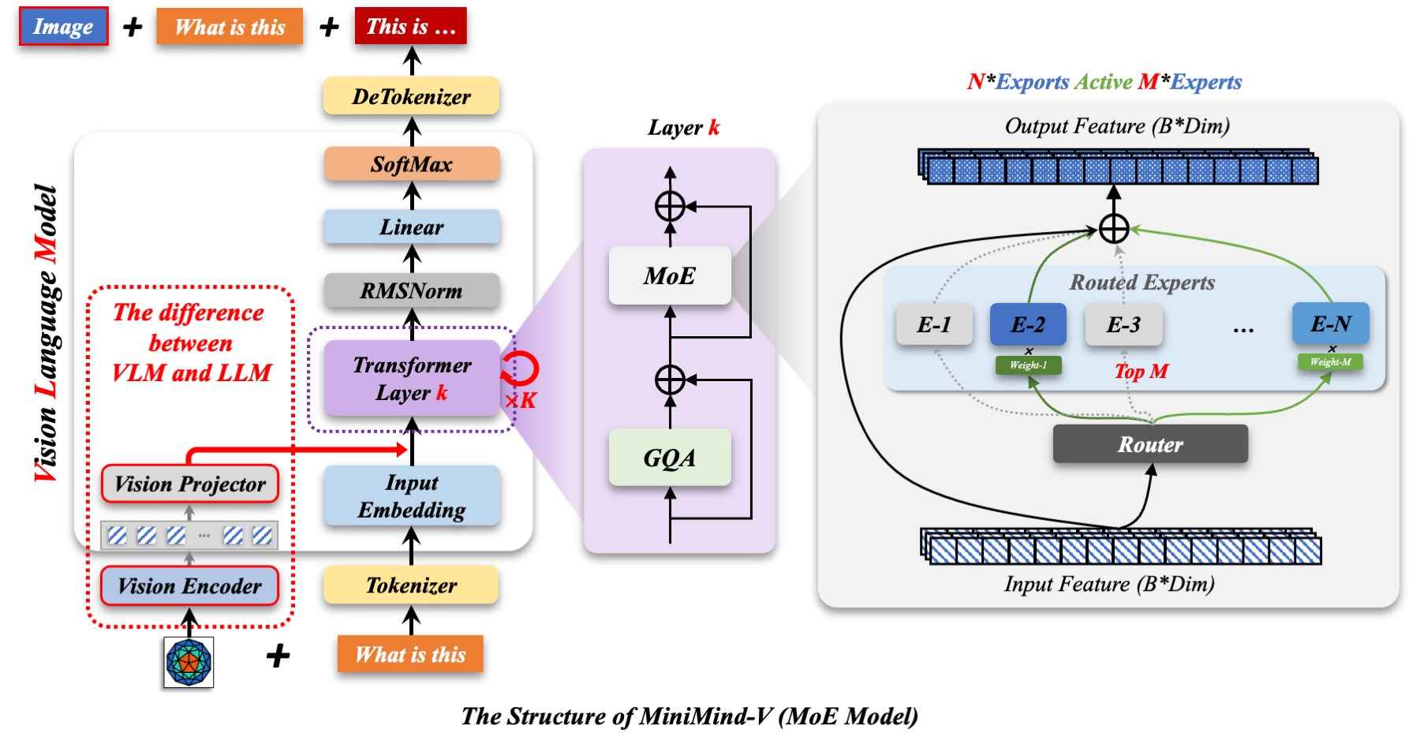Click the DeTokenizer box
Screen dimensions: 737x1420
click(411, 96)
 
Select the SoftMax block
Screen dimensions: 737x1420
click(411, 164)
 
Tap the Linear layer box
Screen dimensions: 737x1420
click(411, 227)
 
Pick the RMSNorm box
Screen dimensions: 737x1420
click(411, 290)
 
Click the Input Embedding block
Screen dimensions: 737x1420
click(411, 496)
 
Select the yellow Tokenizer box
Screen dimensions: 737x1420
click(411, 585)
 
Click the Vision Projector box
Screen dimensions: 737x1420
click(189, 484)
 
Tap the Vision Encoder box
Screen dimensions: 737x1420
click(189, 585)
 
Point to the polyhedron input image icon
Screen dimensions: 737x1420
click(189, 661)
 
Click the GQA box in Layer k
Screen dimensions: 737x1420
click(669, 458)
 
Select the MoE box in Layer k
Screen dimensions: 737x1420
click(669, 275)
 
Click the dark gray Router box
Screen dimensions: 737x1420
click(1149, 444)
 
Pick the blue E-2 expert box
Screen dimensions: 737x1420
click(1028, 324)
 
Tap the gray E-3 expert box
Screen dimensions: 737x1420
click(1123, 324)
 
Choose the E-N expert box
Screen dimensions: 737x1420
click(1330, 323)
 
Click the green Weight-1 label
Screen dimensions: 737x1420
click(1028, 365)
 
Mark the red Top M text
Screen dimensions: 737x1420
click(1141, 371)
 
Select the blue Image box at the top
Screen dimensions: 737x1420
click(63, 27)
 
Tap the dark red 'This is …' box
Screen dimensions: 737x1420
click(411, 26)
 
